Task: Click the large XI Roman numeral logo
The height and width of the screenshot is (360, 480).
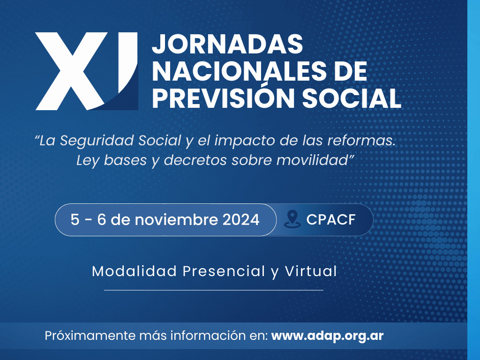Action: click(x=87, y=71)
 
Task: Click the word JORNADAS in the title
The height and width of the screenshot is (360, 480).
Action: click(x=227, y=44)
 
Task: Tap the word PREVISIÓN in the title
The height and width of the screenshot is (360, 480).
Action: click(x=223, y=98)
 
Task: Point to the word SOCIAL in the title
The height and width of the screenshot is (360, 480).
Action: click(x=352, y=98)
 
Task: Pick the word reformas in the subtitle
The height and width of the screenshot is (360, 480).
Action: click(x=361, y=141)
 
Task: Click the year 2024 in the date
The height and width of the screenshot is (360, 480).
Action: click(x=241, y=219)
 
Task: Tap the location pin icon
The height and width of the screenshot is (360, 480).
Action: click(x=292, y=219)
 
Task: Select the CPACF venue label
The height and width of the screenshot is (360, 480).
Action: click(x=331, y=219)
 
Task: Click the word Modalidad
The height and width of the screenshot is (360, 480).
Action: click(x=135, y=271)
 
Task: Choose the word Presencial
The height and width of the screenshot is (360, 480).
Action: click(x=224, y=271)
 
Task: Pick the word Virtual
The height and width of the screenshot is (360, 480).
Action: click(x=311, y=271)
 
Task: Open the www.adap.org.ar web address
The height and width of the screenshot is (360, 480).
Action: click(x=327, y=336)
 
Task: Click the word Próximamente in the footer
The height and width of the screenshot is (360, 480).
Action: click(x=90, y=336)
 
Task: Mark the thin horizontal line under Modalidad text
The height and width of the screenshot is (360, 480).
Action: click(x=214, y=290)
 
